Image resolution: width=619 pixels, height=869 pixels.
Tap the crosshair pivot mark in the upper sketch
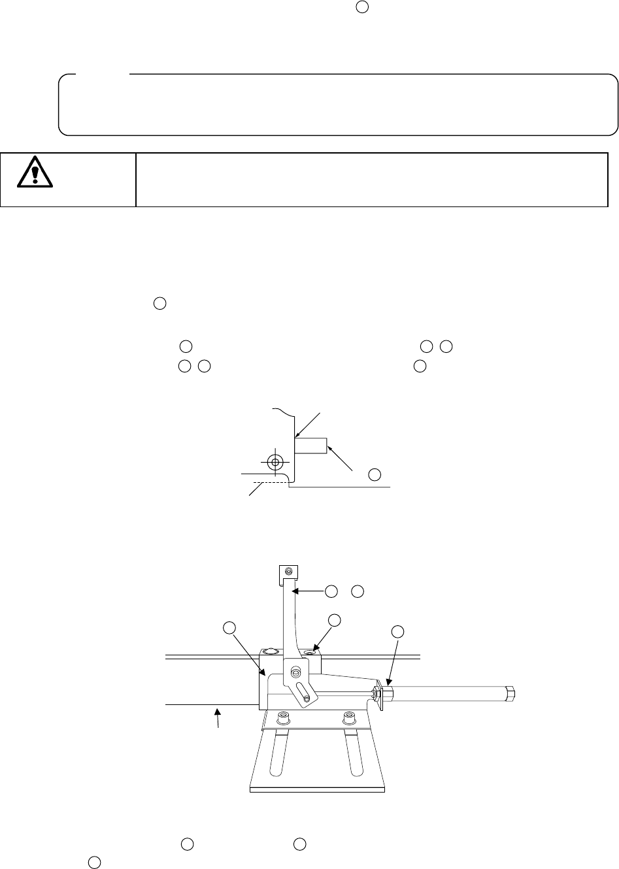(275, 462)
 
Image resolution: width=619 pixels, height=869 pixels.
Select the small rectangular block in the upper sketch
(310, 446)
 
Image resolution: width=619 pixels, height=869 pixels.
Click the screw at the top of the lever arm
(288, 572)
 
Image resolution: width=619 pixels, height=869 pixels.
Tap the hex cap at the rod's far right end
(510, 692)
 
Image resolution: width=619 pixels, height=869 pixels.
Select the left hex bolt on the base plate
(282, 719)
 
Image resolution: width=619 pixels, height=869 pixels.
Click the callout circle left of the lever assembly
(229, 628)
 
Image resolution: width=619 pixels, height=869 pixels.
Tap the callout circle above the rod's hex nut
(397, 631)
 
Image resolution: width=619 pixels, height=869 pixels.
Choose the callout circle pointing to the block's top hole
(335, 619)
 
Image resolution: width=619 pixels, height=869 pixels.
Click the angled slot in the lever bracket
(303, 694)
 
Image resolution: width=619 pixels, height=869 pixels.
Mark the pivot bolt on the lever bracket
(296, 672)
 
